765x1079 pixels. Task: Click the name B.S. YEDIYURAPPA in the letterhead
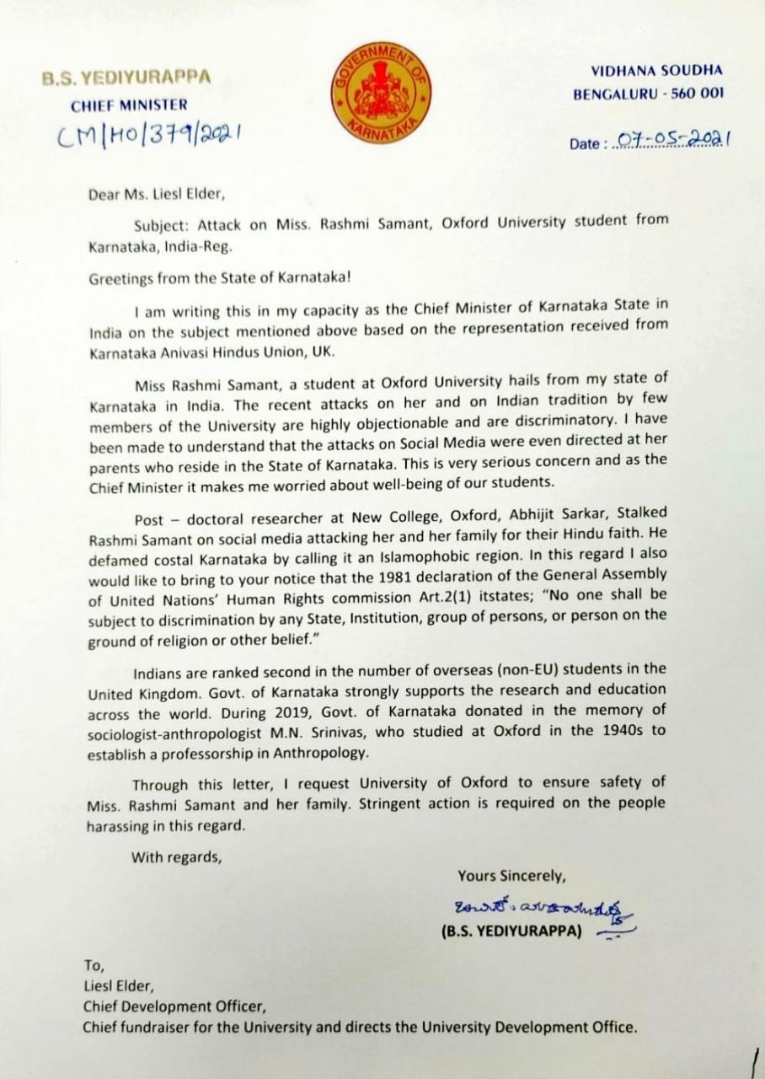click(126, 78)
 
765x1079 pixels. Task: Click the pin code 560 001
click(695, 94)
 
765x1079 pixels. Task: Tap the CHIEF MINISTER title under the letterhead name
click(129, 105)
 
